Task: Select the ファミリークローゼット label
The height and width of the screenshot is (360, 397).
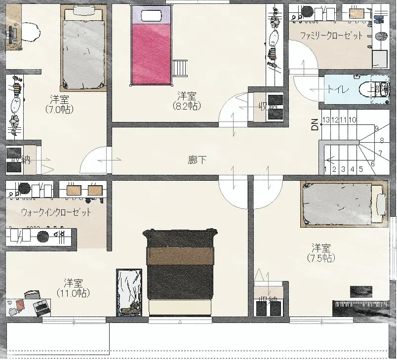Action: click(332, 36)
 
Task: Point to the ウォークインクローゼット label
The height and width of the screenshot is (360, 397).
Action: click(56, 212)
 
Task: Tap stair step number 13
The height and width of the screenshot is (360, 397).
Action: click(326, 120)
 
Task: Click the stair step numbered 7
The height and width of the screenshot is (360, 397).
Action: click(380, 153)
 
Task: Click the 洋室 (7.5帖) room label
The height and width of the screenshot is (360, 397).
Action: click(321, 252)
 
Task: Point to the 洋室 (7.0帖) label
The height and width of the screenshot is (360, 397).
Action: click(59, 103)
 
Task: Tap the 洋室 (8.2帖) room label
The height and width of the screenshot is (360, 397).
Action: click(187, 99)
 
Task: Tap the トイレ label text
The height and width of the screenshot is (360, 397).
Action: click(339, 89)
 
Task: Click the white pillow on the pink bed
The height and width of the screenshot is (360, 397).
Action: click(151, 15)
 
